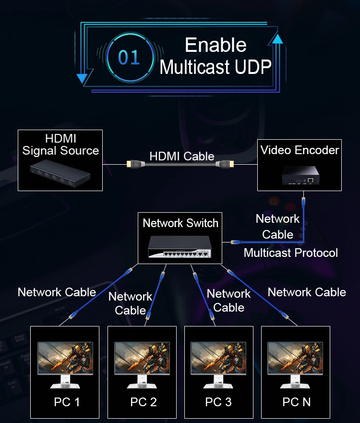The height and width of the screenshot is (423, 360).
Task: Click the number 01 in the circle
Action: [129, 57]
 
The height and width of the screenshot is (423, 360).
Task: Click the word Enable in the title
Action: [216, 45]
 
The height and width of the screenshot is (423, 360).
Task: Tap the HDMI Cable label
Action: [181, 156]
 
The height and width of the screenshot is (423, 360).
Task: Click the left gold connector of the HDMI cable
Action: [132, 164]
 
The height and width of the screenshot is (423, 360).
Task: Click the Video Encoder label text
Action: [300, 150]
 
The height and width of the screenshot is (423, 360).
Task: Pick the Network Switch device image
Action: [180, 246]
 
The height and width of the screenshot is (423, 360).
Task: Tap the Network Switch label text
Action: [180, 223]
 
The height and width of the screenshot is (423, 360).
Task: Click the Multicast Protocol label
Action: [290, 253]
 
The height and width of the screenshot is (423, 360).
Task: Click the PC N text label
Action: [297, 402]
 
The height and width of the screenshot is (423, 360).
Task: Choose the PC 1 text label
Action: [67, 402]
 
